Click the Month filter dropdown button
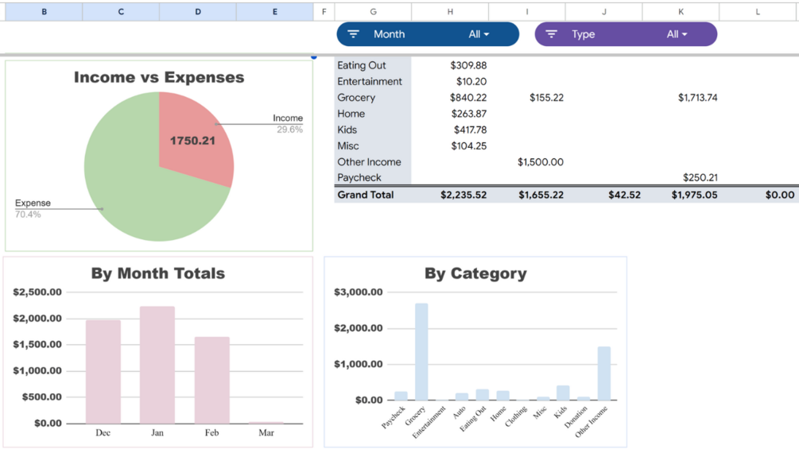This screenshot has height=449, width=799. click(428, 34)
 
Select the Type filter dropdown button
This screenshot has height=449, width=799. click(626, 34)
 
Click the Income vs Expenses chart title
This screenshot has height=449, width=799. click(159, 78)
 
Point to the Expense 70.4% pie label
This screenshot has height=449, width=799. click(32, 208)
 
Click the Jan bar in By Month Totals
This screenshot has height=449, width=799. click(157, 365)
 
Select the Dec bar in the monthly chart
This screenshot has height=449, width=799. click(103, 372)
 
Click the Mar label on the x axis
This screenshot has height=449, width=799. click(266, 433)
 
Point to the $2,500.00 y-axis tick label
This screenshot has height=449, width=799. click(37, 292)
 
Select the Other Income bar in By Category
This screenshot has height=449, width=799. click(604, 373)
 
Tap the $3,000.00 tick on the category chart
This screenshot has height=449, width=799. click(359, 292)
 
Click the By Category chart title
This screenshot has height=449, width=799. click(475, 273)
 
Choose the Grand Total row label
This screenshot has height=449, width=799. click(366, 195)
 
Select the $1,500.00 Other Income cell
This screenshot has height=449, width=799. click(541, 162)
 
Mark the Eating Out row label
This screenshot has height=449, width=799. click(362, 65)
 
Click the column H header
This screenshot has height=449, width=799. click(450, 11)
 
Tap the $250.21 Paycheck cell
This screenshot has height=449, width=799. click(700, 178)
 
